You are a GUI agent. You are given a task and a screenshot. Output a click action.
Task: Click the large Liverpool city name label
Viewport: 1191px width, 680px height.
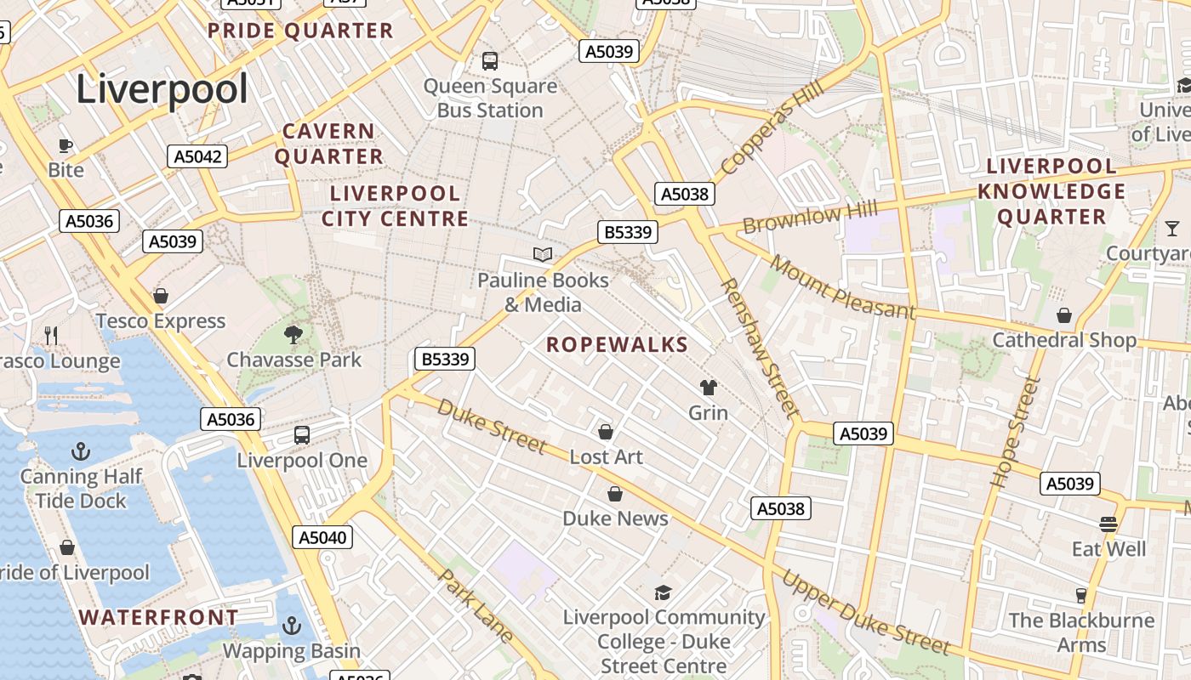click(162, 89)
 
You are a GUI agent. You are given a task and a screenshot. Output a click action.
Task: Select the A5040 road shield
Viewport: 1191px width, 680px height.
click(322, 537)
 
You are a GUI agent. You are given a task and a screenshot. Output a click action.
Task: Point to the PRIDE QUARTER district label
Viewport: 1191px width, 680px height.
click(300, 31)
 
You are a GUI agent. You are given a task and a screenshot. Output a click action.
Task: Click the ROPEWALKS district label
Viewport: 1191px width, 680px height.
click(617, 344)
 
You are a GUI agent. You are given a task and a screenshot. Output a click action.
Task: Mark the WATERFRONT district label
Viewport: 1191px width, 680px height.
click(159, 617)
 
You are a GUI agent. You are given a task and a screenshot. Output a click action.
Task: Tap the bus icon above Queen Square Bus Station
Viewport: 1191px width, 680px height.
click(490, 61)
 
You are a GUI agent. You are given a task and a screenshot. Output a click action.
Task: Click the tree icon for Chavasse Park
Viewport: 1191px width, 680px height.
click(294, 334)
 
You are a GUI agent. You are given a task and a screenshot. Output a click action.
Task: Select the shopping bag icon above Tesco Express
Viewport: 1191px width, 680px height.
click(160, 296)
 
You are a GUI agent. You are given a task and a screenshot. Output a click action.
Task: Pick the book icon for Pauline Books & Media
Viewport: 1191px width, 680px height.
click(543, 254)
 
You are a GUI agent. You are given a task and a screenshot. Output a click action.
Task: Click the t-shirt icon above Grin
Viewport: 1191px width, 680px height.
click(708, 388)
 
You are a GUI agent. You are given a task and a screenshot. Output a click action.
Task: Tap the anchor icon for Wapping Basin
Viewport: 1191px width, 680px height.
click(292, 626)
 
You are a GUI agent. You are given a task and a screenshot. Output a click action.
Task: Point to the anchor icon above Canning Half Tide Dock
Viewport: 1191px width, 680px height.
click(81, 450)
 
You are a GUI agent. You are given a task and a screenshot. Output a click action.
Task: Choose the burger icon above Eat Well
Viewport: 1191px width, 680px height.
click(1108, 524)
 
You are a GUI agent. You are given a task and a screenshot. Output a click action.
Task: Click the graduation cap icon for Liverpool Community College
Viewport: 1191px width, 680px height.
click(663, 592)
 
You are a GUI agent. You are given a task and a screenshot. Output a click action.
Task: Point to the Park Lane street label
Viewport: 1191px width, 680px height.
click(476, 606)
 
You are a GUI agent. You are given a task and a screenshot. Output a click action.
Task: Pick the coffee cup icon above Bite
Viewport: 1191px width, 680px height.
click(66, 145)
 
